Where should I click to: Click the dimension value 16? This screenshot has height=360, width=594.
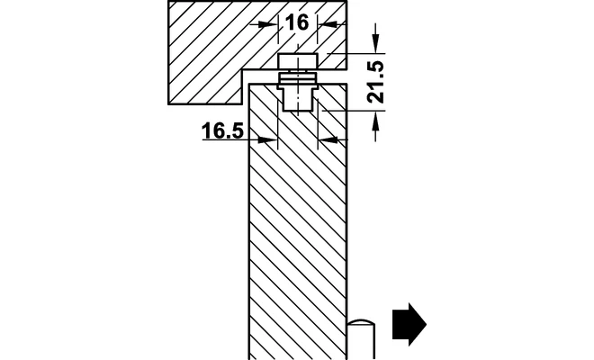[x=297, y=22]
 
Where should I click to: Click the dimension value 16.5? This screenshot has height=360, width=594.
[x=222, y=131]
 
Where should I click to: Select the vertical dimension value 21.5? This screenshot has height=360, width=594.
[x=376, y=82]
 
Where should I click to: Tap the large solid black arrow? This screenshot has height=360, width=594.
[x=409, y=324]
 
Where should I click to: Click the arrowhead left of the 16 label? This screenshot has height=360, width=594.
[x=268, y=24]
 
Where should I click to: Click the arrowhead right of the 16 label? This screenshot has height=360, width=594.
[x=328, y=24]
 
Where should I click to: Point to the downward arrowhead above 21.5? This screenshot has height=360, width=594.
[x=375, y=43]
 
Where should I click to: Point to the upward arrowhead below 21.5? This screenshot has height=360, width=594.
[x=375, y=121]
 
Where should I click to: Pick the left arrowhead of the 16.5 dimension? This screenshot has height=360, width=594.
[x=268, y=139]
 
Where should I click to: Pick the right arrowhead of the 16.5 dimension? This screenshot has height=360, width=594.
[x=328, y=139]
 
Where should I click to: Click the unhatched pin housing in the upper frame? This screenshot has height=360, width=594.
[x=298, y=62]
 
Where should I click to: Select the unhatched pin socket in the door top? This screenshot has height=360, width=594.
[x=298, y=99]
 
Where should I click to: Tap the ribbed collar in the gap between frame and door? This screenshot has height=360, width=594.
[x=298, y=77]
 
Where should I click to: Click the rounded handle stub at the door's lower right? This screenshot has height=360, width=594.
[x=361, y=339]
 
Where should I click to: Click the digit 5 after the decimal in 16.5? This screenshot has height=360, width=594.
[x=237, y=131]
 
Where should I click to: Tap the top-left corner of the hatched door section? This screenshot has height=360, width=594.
[x=249, y=84]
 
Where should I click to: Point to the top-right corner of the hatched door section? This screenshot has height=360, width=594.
[x=346, y=84]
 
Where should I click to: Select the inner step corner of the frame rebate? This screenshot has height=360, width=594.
[x=242, y=69]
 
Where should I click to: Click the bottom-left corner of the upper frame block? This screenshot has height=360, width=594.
[x=168, y=103]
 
